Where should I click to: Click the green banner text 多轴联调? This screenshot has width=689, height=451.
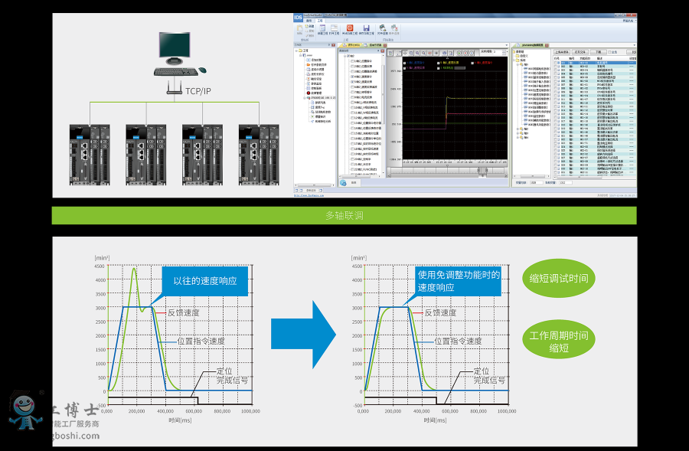coord(344,216)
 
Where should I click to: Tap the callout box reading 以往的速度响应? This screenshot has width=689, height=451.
coord(204,281)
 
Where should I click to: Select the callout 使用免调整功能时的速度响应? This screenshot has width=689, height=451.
coord(458,281)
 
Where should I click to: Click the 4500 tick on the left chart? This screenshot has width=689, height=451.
coord(100,266)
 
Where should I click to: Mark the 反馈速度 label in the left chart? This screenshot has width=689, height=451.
coord(183,312)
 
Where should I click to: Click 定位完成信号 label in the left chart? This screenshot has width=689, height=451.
coord(227,375)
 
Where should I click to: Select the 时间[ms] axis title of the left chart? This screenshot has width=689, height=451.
coord(180,420)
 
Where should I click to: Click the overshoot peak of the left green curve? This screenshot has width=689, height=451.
coord(134,269)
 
